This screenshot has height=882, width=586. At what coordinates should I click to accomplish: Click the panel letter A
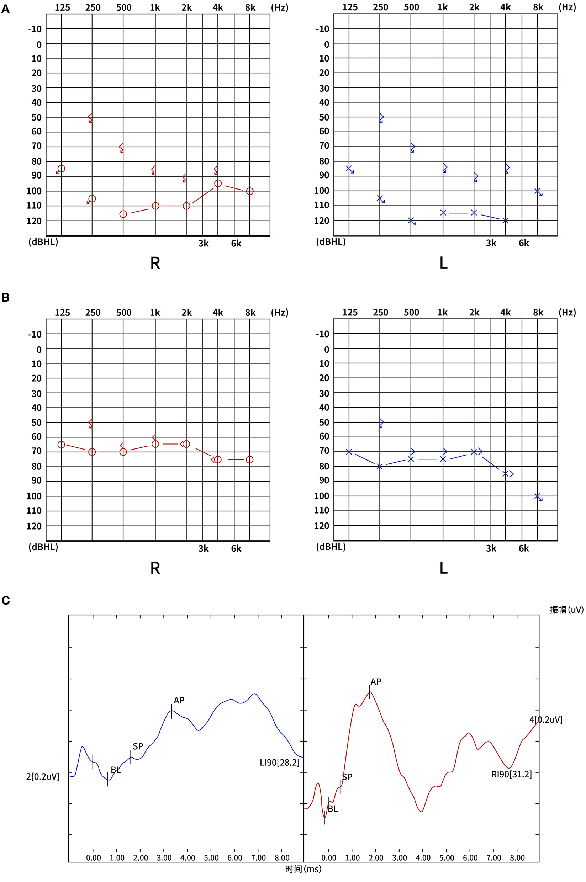click(5, 9)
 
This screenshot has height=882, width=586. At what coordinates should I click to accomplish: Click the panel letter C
click(6, 600)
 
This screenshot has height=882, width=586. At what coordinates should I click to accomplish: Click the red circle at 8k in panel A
click(250, 191)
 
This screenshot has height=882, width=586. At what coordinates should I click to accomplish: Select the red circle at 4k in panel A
click(218, 184)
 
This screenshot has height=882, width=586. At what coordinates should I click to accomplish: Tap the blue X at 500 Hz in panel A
click(411, 220)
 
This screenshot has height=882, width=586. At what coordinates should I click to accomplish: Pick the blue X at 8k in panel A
click(537, 191)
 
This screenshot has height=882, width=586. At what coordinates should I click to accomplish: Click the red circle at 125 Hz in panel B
click(61, 445)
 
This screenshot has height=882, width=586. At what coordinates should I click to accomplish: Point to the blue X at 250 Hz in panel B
click(380, 466)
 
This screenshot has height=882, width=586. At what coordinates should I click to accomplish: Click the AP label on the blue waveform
click(179, 701)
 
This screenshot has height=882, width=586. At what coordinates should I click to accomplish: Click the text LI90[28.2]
click(280, 763)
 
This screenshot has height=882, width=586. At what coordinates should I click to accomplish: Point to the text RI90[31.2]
click(511, 774)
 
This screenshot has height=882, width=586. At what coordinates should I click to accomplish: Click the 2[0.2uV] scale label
click(43, 777)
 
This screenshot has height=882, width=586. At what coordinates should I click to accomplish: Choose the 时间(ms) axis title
click(303, 869)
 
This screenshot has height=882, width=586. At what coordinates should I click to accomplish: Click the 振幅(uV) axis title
click(566, 610)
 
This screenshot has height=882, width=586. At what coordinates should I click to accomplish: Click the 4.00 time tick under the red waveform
click(423, 858)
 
